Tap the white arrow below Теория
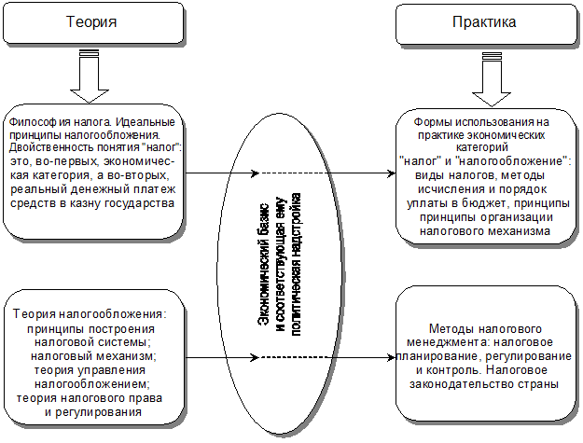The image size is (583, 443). coord(90,79)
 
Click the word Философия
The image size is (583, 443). coord(35,123)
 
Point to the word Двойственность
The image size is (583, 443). coord(51,149)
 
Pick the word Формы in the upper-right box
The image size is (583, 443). coord(430,123)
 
